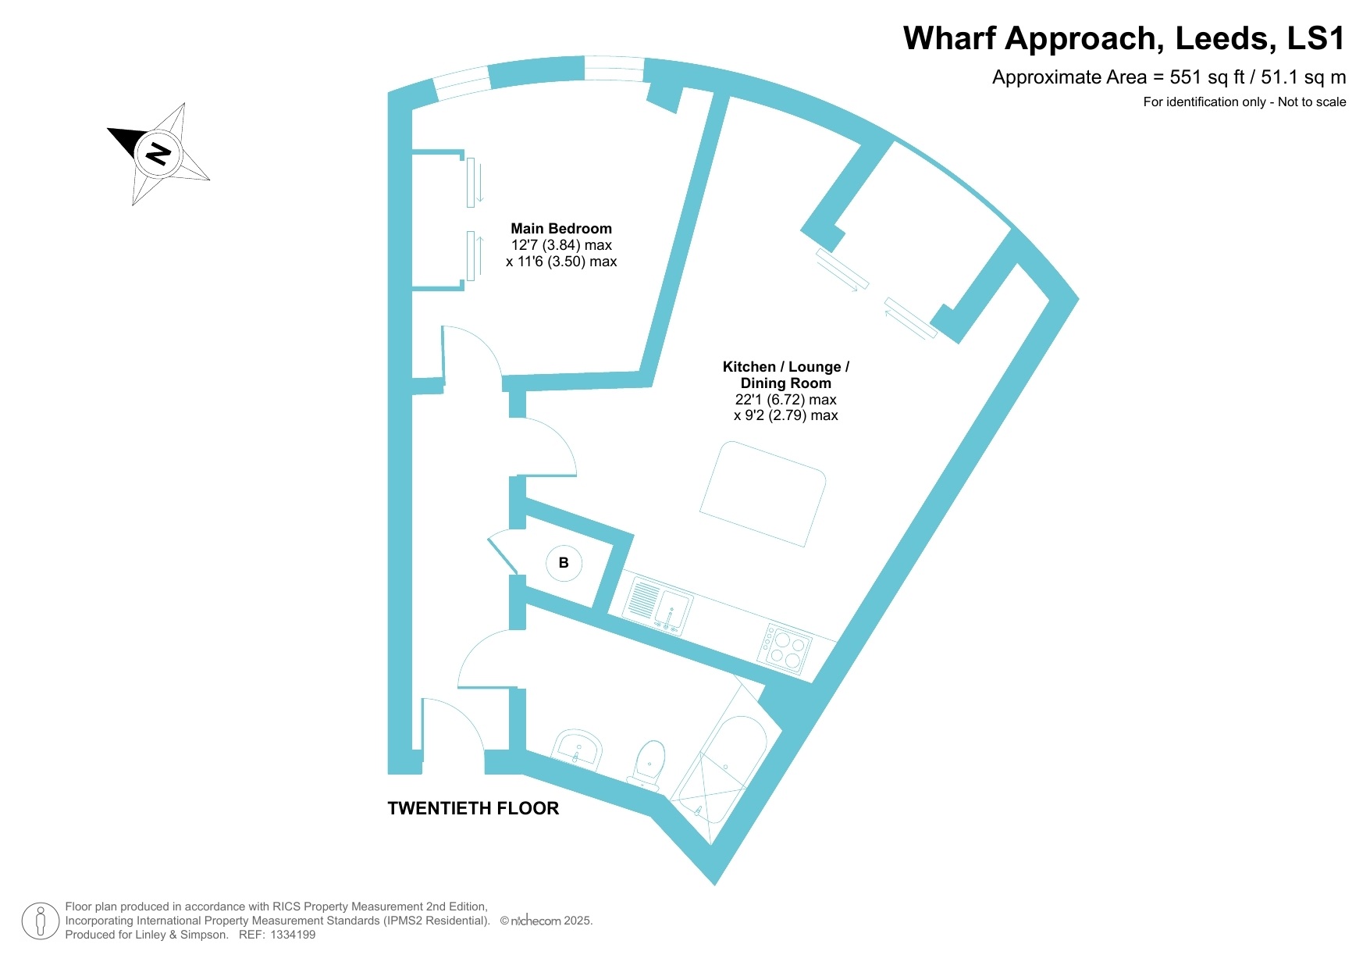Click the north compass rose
(158, 153)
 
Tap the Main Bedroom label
(561, 229)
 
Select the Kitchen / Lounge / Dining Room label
(786, 375)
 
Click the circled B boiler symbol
(564, 562)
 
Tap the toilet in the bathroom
(648, 764)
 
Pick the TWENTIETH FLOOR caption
(473, 808)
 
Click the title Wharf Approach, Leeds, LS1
(1124, 38)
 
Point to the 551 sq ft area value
(1207, 77)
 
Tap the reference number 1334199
(293, 935)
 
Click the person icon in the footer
(41, 921)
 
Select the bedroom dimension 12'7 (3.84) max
(561, 245)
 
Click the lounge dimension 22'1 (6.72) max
(786, 399)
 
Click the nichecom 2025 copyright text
(546, 921)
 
